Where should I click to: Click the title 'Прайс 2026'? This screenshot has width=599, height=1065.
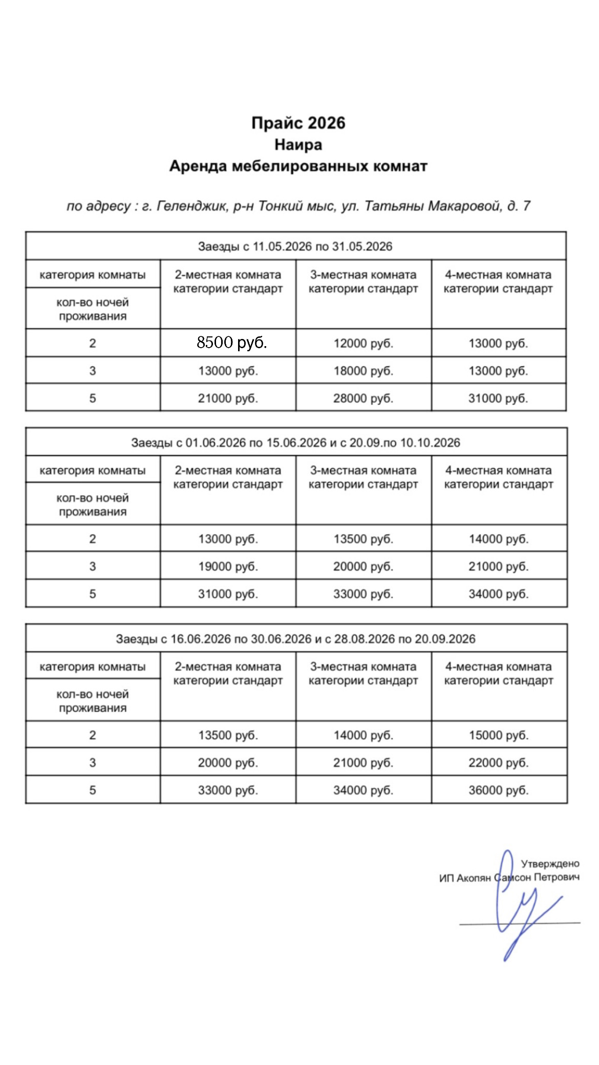tap(298, 123)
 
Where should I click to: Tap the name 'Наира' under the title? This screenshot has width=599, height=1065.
tap(298, 145)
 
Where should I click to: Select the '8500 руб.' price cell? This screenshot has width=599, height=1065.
tap(231, 343)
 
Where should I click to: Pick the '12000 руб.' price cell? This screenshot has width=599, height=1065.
tap(363, 343)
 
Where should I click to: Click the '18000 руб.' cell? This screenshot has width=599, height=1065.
tap(363, 371)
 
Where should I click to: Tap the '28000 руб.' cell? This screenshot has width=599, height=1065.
tap(363, 398)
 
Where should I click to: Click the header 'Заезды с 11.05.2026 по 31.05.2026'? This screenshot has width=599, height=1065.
tap(295, 246)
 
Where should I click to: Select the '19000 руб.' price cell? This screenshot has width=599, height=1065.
tap(228, 567)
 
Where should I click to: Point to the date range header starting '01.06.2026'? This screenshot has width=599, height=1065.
tap(295, 442)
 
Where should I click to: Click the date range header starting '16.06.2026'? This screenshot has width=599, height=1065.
tap(295, 639)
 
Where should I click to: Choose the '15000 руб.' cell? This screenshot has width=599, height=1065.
tap(499, 735)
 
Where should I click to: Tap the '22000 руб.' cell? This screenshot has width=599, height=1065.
tap(499, 763)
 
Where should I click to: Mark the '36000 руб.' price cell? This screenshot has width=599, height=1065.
tap(499, 791)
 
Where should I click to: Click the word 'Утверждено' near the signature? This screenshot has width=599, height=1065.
tap(550, 864)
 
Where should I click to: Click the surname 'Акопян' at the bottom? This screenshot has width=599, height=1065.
tap(474, 878)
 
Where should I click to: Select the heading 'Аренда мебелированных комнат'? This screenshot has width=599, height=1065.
tap(298, 166)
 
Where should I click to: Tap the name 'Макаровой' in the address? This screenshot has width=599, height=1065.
tap(464, 206)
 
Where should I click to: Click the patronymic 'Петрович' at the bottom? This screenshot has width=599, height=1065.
tap(557, 878)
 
